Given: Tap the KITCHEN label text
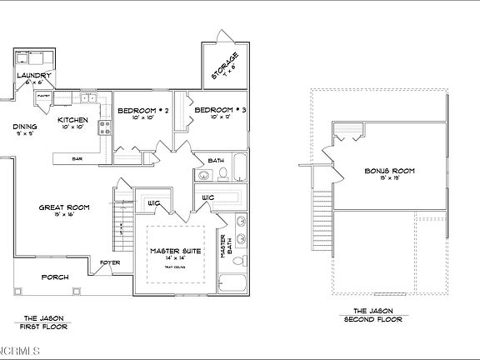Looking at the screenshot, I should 72,120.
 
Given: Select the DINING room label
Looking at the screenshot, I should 24,127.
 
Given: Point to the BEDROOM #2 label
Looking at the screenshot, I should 143,111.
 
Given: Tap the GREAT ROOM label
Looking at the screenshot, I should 65,207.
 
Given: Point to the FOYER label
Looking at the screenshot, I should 110,262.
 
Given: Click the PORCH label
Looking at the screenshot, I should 55,277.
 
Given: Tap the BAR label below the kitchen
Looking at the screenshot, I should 77,158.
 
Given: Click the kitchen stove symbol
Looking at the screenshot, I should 105,127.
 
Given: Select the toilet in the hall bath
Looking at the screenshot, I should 222,173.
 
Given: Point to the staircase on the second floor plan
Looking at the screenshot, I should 321,220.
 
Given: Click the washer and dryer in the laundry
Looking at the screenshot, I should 34,59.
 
